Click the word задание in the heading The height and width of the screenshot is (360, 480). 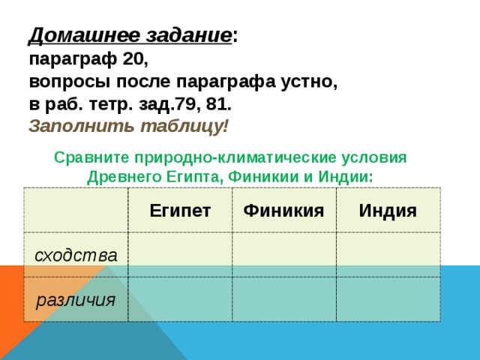(188, 35)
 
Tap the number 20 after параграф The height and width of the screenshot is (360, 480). (135, 58)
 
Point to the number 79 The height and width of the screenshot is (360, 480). (186, 104)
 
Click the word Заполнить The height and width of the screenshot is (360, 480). (81, 126)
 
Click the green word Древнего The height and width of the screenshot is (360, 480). (124, 177)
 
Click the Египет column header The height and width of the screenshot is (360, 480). (180, 211)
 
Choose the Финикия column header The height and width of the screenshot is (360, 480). (283, 211)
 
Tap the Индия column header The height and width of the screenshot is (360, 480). (388, 211)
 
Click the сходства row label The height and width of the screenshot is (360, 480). (76, 255)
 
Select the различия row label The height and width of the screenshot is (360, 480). (76, 300)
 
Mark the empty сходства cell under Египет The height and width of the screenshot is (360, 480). (180, 255)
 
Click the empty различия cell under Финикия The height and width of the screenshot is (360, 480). (284, 299)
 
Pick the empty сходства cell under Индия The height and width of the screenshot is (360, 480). (388, 255)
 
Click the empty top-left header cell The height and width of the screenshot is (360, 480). (76, 210)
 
